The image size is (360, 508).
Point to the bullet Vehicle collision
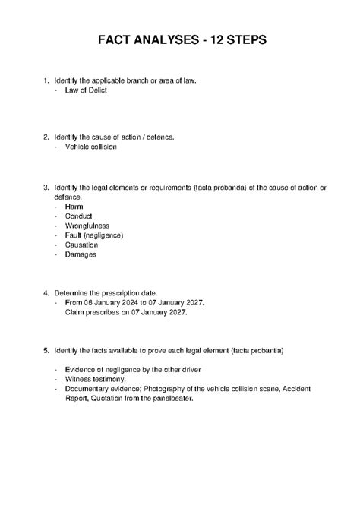pyautogui.click(x=90, y=147)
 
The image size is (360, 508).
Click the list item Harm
pyautogui.click(x=74, y=206)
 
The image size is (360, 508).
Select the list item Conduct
pyautogui.click(x=79, y=216)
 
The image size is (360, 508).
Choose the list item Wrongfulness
pyautogui.click(x=87, y=226)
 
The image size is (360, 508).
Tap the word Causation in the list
pyautogui.click(x=82, y=245)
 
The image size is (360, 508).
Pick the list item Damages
pyautogui.click(x=81, y=255)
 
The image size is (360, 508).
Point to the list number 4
pyautogui.click(x=46, y=292)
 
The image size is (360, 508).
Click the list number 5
pyautogui.click(x=46, y=352)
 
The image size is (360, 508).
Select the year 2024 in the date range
pyautogui.click(x=125, y=302)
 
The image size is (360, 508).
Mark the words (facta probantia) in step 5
pyautogui.click(x=256, y=352)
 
